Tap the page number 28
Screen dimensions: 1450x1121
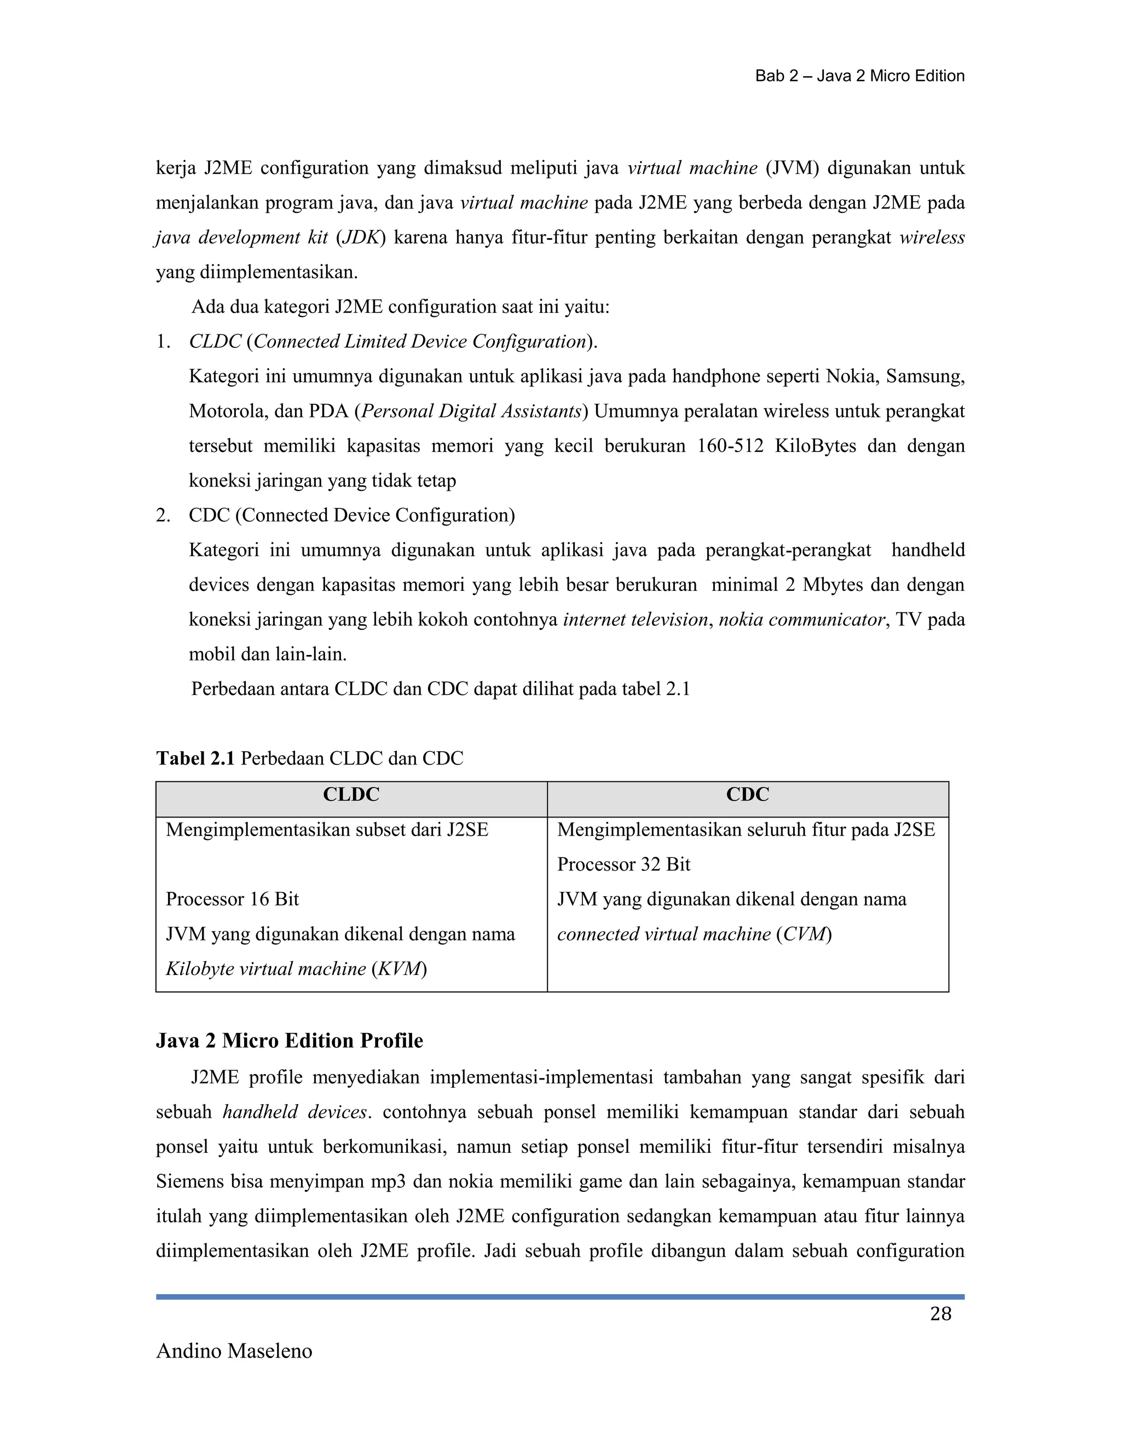coord(940,1314)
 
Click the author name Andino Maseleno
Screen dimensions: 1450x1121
coord(234,1351)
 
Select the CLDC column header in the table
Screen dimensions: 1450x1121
coord(351,794)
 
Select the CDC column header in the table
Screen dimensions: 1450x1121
coord(747,794)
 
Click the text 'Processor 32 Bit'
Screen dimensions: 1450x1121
coord(623,865)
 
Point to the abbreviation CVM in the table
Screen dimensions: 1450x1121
coord(804,934)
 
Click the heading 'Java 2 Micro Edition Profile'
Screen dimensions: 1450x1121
coord(289,1040)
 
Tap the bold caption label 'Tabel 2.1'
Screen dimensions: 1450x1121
coord(195,758)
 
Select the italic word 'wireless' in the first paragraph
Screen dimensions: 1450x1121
coord(932,237)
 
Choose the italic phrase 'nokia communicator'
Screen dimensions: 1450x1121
coord(801,620)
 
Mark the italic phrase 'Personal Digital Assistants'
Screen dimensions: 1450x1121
coord(471,411)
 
